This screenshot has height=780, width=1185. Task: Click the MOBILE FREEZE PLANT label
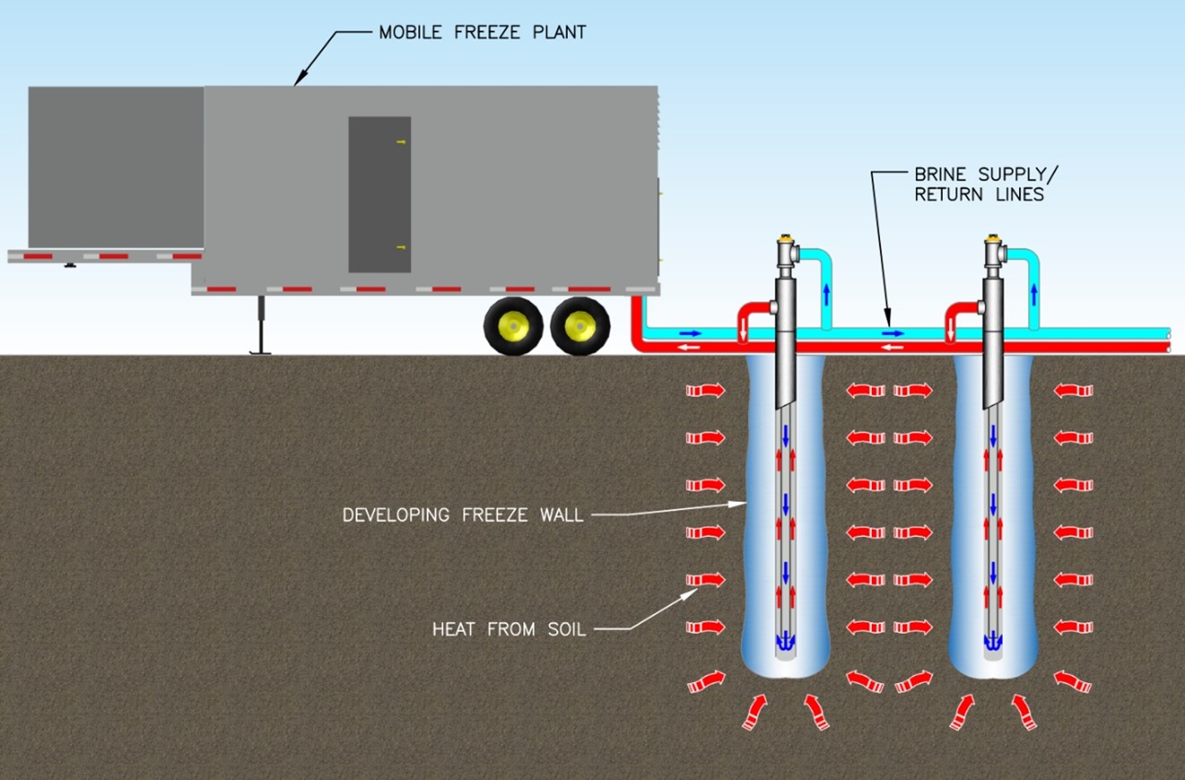coord(482,32)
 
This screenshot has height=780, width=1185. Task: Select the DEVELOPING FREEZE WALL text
coord(462,515)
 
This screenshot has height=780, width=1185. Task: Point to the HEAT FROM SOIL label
coord(509,629)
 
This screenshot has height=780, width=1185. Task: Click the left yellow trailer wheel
coord(513,327)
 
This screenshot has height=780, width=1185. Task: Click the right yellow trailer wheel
coord(579,327)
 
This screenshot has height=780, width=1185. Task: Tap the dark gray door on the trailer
coord(379,194)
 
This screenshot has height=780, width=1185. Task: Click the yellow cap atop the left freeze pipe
coord(788,239)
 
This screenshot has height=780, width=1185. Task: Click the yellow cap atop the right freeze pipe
coord(993,239)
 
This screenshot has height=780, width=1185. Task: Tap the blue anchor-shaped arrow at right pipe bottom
coord(993,642)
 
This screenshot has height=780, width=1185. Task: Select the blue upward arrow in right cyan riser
coord(1034,294)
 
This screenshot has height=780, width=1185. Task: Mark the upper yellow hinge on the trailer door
coord(401,142)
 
